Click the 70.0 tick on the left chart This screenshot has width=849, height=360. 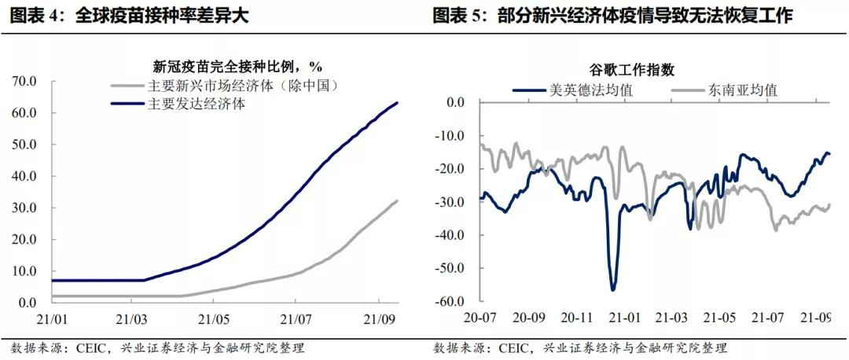tap(25, 81)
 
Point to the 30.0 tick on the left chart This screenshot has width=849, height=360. tap(25, 208)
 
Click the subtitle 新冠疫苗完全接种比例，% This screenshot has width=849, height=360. tap(237, 66)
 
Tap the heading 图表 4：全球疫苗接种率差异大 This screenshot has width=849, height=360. tap(130, 16)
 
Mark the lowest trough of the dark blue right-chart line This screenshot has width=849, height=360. tap(613, 290)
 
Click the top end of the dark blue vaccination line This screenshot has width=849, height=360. tap(397, 102)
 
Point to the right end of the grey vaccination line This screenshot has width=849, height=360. tap(397, 200)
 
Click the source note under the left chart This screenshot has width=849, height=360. tap(158, 347)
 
